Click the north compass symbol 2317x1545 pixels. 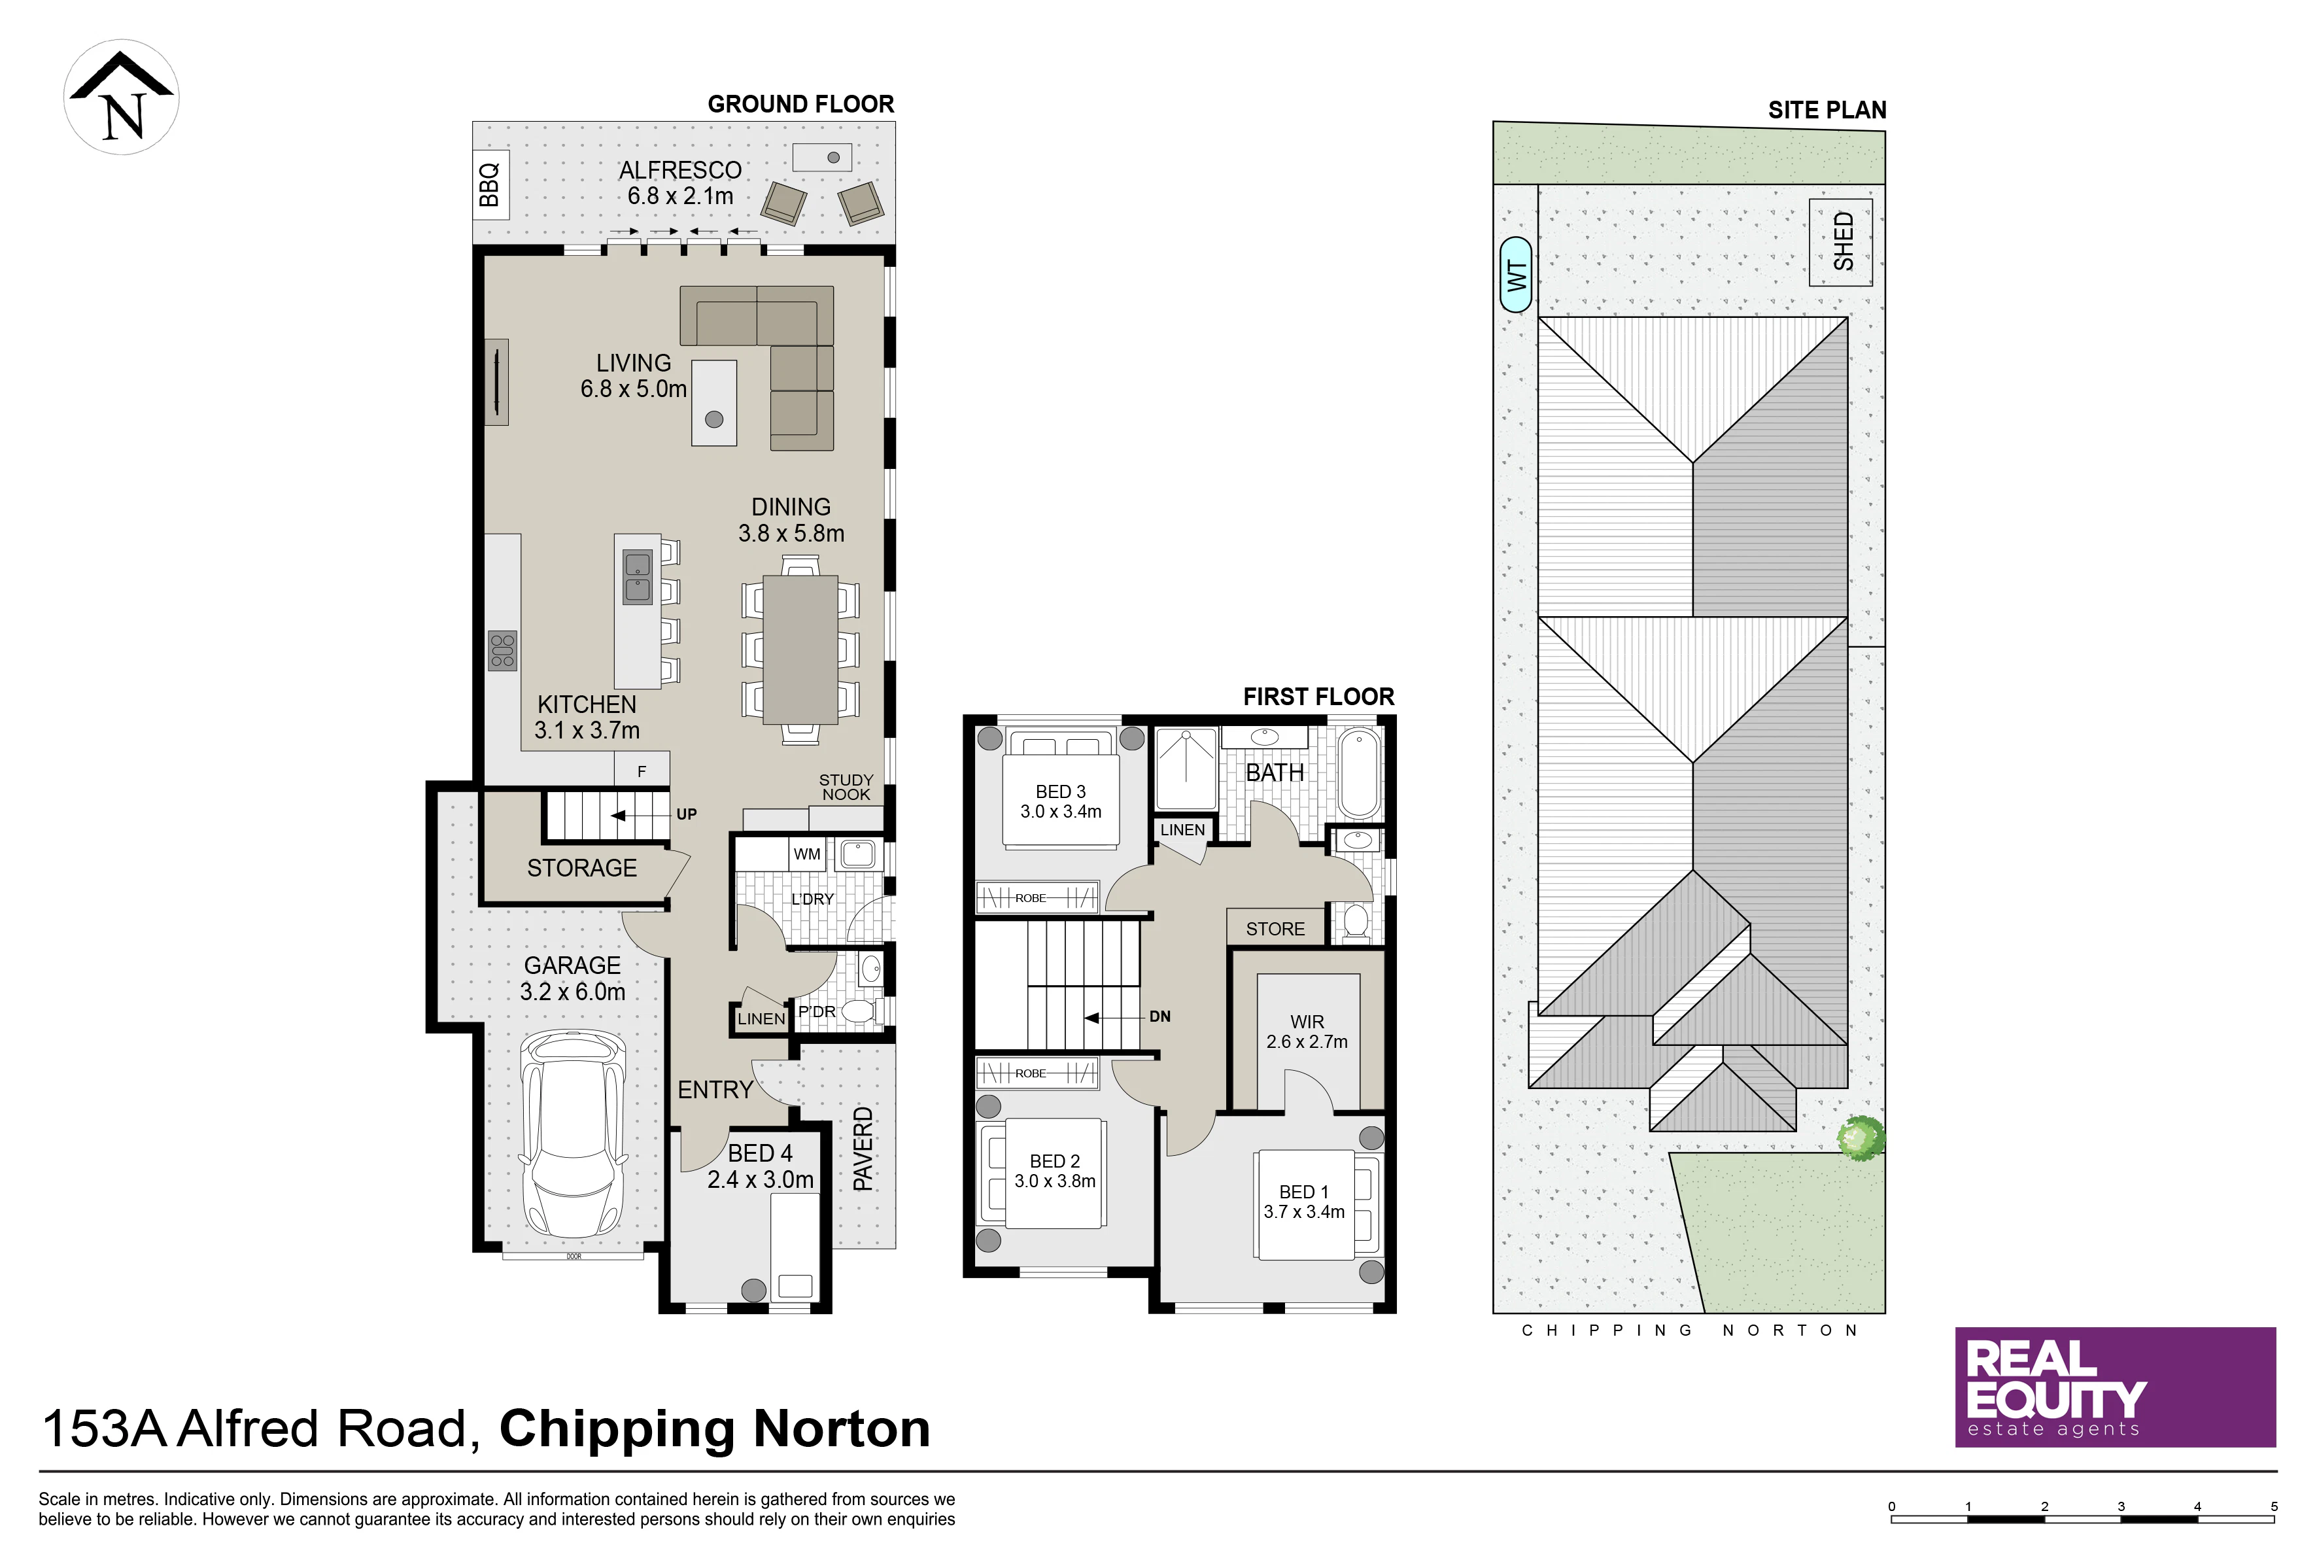121,97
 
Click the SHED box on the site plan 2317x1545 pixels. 1840,243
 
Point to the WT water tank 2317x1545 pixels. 1516,275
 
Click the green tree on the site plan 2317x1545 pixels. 1861,1138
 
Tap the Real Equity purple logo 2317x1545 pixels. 2115,1387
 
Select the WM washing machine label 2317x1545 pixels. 807,854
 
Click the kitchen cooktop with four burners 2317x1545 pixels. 502,651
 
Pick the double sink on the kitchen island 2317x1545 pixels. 638,576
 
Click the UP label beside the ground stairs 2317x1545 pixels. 687,814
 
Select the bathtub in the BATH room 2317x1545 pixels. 1360,774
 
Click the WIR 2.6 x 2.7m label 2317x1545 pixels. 1307,1032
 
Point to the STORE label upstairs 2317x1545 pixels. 1276,929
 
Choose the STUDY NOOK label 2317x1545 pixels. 846,788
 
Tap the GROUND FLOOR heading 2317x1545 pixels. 801,105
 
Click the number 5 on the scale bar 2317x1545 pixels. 2274,1506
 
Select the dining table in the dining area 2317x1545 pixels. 801,650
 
